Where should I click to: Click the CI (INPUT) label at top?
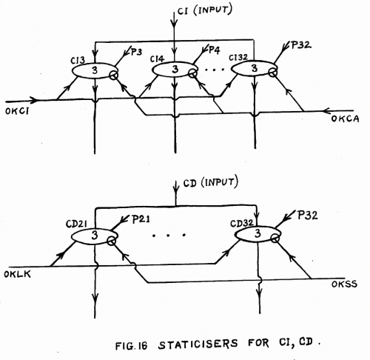click(205, 10)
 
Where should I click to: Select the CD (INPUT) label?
click(211, 182)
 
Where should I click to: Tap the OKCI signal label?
click(17, 111)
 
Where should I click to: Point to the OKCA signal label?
click(345, 119)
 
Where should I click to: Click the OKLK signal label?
click(17, 274)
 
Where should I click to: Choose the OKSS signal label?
click(344, 284)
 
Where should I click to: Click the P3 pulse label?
click(136, 52)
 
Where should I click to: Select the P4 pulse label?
click(214, 50)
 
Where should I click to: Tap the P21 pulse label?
click(141, 219)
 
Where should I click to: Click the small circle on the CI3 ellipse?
click(114, 76)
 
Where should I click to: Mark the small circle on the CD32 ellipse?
click(275, 239)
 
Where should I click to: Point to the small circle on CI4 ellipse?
click(192, 73)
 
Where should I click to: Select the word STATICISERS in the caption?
click(198, 344)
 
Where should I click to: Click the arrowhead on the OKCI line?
click(34, 100)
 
